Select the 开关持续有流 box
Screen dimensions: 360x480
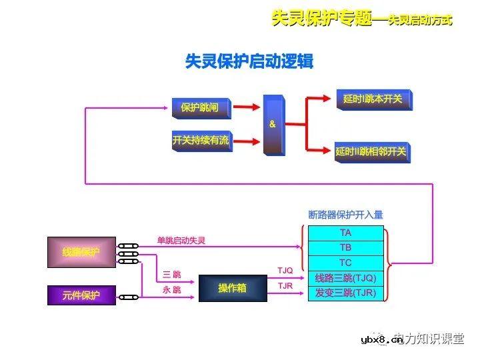click(x=201, y=140)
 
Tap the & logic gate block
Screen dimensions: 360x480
click(x=273, y=125)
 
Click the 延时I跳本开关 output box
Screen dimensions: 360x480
click(x=373, y=99)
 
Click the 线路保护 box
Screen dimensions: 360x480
click(x=81, y=252)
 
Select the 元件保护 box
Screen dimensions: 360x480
click(x=81, y=295)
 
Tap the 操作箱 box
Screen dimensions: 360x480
click(x=232, y=288)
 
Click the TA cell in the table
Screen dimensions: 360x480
click(x=345, y=233)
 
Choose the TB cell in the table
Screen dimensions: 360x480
click(x=345, y=248)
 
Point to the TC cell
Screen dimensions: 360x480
click(x=345, y=263)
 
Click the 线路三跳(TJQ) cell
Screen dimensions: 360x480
click(x=345, y=278)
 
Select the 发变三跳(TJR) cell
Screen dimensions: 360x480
click(x=345, y=293)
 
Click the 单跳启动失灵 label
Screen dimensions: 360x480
click(x=181, y=241)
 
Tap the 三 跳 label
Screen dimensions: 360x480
click(x=171, y=275)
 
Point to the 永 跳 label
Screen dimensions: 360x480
click(x=171, y=290)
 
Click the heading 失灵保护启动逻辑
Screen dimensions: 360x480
click(x=249, y=62)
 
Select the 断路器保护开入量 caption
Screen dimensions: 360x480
click(x=345, y=215)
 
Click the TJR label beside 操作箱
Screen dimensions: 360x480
click(x=285, y=286)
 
